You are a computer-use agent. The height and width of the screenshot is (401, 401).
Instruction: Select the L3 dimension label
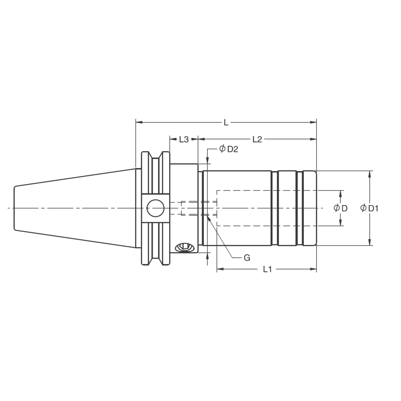click(x=184, y=139)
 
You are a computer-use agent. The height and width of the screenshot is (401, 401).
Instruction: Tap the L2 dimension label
click(x=257, y=139)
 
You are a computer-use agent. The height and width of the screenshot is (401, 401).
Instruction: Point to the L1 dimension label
click(x=267, y=269)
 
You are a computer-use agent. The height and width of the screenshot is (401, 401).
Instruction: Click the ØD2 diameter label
click(x=229, y=149)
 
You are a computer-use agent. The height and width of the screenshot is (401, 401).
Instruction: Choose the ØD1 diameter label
click(x=369, y=208)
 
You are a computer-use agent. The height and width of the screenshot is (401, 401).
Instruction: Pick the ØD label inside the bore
click(x=340, y=208)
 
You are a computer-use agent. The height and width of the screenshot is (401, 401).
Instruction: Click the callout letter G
click(x=247, y=258)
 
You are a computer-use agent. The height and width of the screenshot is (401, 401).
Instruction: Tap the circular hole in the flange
click(x=155, y=208)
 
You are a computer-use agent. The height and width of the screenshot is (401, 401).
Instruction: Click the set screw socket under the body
click(x=185, y=247)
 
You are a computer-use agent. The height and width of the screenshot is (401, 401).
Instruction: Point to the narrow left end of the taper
click(x=15, y=208)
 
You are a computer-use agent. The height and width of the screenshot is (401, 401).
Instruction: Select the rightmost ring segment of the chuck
click(x=309, y=208)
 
